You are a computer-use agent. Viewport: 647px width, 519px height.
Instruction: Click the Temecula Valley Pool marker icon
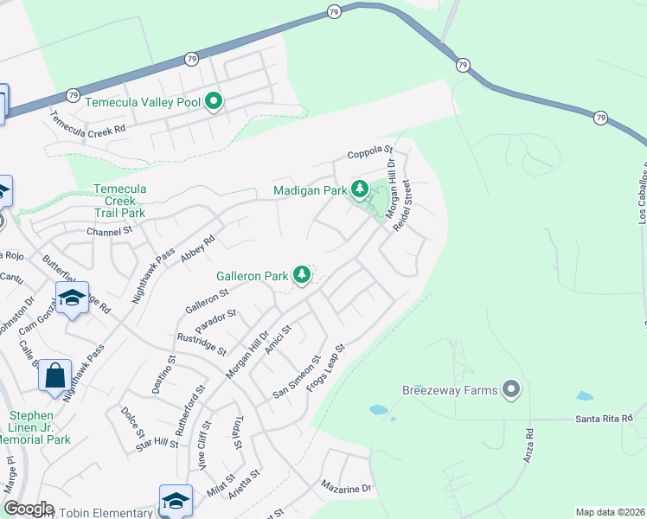click(214, 103)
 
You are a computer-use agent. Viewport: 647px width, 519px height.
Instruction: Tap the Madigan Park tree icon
click(359, 189)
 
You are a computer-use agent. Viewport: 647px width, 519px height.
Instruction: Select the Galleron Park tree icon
click(301, 275)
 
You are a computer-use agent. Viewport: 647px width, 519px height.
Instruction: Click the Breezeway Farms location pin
click(511, 390)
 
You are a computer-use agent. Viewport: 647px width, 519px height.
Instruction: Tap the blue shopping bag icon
click(54, 376)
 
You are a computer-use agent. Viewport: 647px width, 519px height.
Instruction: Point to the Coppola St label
click(371, 154)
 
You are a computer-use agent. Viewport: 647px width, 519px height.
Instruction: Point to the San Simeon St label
click(297, 375)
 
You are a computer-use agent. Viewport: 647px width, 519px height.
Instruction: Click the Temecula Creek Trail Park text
click(119, 201)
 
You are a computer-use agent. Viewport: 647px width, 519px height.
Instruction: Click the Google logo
click(29, 509)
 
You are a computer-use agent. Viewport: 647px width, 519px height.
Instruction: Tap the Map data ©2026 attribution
click(610, 512)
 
